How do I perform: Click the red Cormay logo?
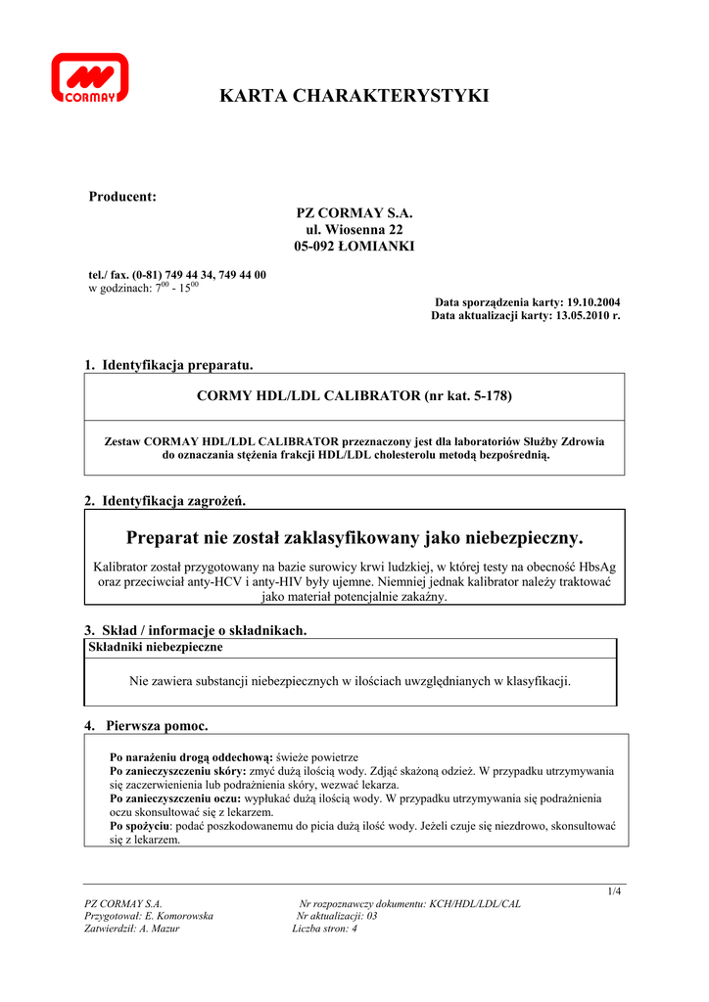coord(90,78)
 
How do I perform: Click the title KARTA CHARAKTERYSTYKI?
coord(354,96)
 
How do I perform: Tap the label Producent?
coord(122,197)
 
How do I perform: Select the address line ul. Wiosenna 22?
coord(354,229)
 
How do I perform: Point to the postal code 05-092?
coord(315,246)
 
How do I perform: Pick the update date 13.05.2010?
coord(582,316)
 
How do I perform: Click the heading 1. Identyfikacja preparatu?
coord(168,365)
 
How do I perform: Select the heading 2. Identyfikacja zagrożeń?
coord(165,501)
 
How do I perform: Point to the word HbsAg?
coord(598,567)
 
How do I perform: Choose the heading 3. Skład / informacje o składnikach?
coord(196,630)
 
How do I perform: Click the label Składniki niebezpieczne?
coord(156,647)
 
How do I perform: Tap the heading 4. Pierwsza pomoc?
coord(147,725)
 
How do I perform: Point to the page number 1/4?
coord(614,890)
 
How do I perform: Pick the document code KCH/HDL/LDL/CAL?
coord(475,904)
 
